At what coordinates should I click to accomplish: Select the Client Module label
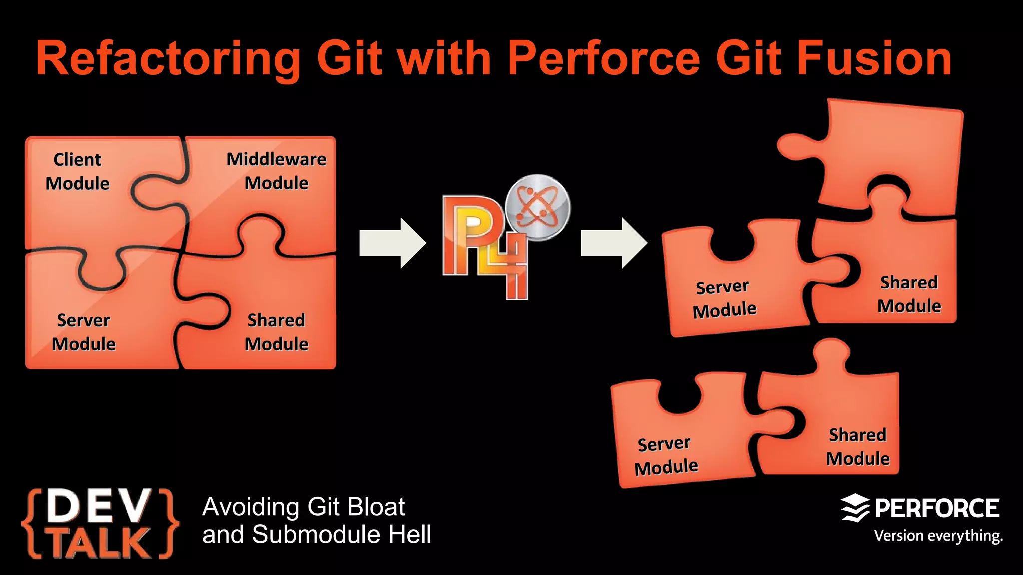pos(77,171)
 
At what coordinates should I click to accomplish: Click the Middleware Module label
pos(276,171)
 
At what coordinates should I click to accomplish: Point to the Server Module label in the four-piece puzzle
pos(84,332)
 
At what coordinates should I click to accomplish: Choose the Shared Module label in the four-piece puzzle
pos(276,332)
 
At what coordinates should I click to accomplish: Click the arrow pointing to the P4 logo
pos(392,243)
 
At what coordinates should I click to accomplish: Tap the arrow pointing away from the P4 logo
pos(614,243)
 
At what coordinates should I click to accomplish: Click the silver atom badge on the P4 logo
pos(537,207)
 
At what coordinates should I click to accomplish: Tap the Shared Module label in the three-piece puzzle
pos(909,294)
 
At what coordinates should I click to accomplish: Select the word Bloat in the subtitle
pos(376,507)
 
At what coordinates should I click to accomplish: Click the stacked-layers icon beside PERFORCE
pos(855,508)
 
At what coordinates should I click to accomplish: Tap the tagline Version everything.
pos(938,536)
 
